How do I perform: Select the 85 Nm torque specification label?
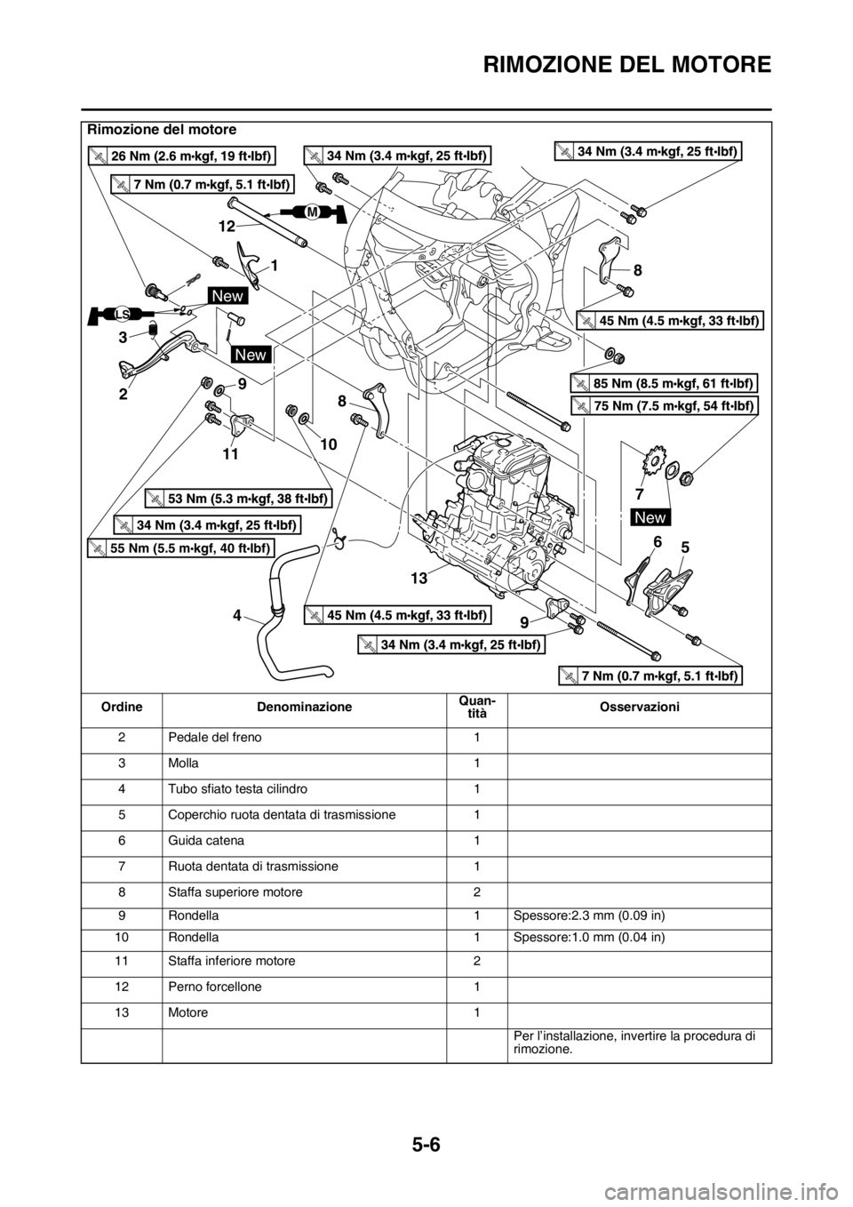click(663, 384)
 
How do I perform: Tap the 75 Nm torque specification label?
click(663, 406)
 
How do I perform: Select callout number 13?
click(419, 578)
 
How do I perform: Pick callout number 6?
click(657, 541)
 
